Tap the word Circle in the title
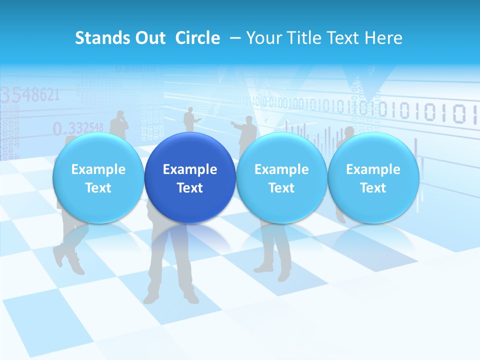coord(197,38)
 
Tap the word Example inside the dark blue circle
coord(190,169)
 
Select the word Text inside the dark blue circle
coord(190,188)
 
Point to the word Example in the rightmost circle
coord(373,169)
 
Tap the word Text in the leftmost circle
coord(98,188)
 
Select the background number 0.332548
coord(78,128)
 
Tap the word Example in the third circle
coord(281,169)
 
